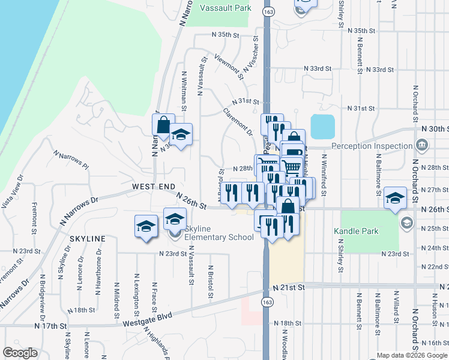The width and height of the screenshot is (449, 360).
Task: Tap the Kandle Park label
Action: (356, 231)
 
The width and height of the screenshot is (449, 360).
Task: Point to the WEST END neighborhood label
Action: (149, 187)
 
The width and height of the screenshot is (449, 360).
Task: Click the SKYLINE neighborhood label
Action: (87, 239)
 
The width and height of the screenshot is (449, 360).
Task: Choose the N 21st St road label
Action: (289, 288)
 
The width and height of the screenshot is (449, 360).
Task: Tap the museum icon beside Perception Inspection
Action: (421, 145)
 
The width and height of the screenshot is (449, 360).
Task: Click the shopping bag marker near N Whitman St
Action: (163, 125)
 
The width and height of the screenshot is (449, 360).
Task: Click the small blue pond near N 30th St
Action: (322, 127)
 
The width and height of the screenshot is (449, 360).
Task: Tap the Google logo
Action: (20, 353)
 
